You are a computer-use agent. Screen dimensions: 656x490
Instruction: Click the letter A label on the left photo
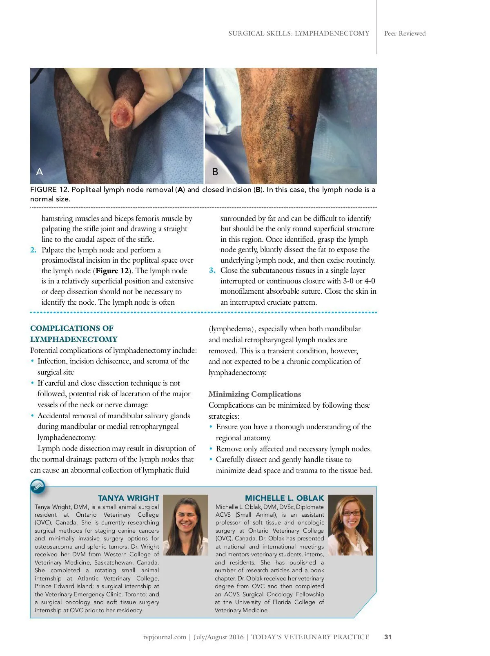tap(40, 172)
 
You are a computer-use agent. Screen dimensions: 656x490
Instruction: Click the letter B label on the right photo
tap(215, 172)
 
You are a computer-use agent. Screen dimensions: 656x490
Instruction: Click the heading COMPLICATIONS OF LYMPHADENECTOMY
tap(73, 334)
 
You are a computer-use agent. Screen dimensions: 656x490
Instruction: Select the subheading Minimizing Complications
tap(255, 394)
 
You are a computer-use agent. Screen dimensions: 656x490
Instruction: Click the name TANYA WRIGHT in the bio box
tap(128, 498)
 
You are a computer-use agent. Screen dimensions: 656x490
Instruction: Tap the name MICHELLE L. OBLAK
tap(284, 498)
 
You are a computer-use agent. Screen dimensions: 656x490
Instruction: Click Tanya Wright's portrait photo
tap(185, 525)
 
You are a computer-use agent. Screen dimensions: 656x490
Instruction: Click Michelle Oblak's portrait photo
tap(350, 525)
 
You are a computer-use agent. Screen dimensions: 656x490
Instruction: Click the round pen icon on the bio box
tap(38, 486)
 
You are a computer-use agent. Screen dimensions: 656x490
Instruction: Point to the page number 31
tap(388, 637)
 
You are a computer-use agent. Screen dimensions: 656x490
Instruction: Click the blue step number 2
tap(33, 250)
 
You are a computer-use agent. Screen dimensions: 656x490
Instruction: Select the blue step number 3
tap(212, 270)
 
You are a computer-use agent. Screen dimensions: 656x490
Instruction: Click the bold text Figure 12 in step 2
tap(112, 271)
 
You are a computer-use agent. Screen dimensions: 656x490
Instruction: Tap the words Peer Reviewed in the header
tap(405, 33)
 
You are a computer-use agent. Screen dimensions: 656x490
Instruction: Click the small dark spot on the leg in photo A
tap(97, 154)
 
